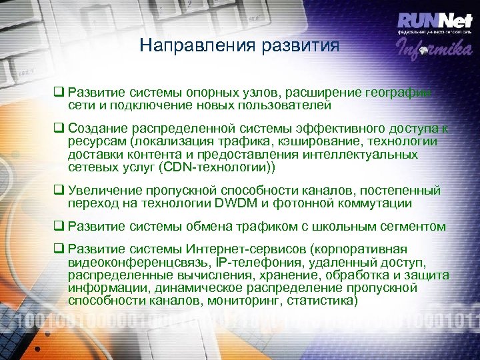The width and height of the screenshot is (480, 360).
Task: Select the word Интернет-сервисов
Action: (226, 251)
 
